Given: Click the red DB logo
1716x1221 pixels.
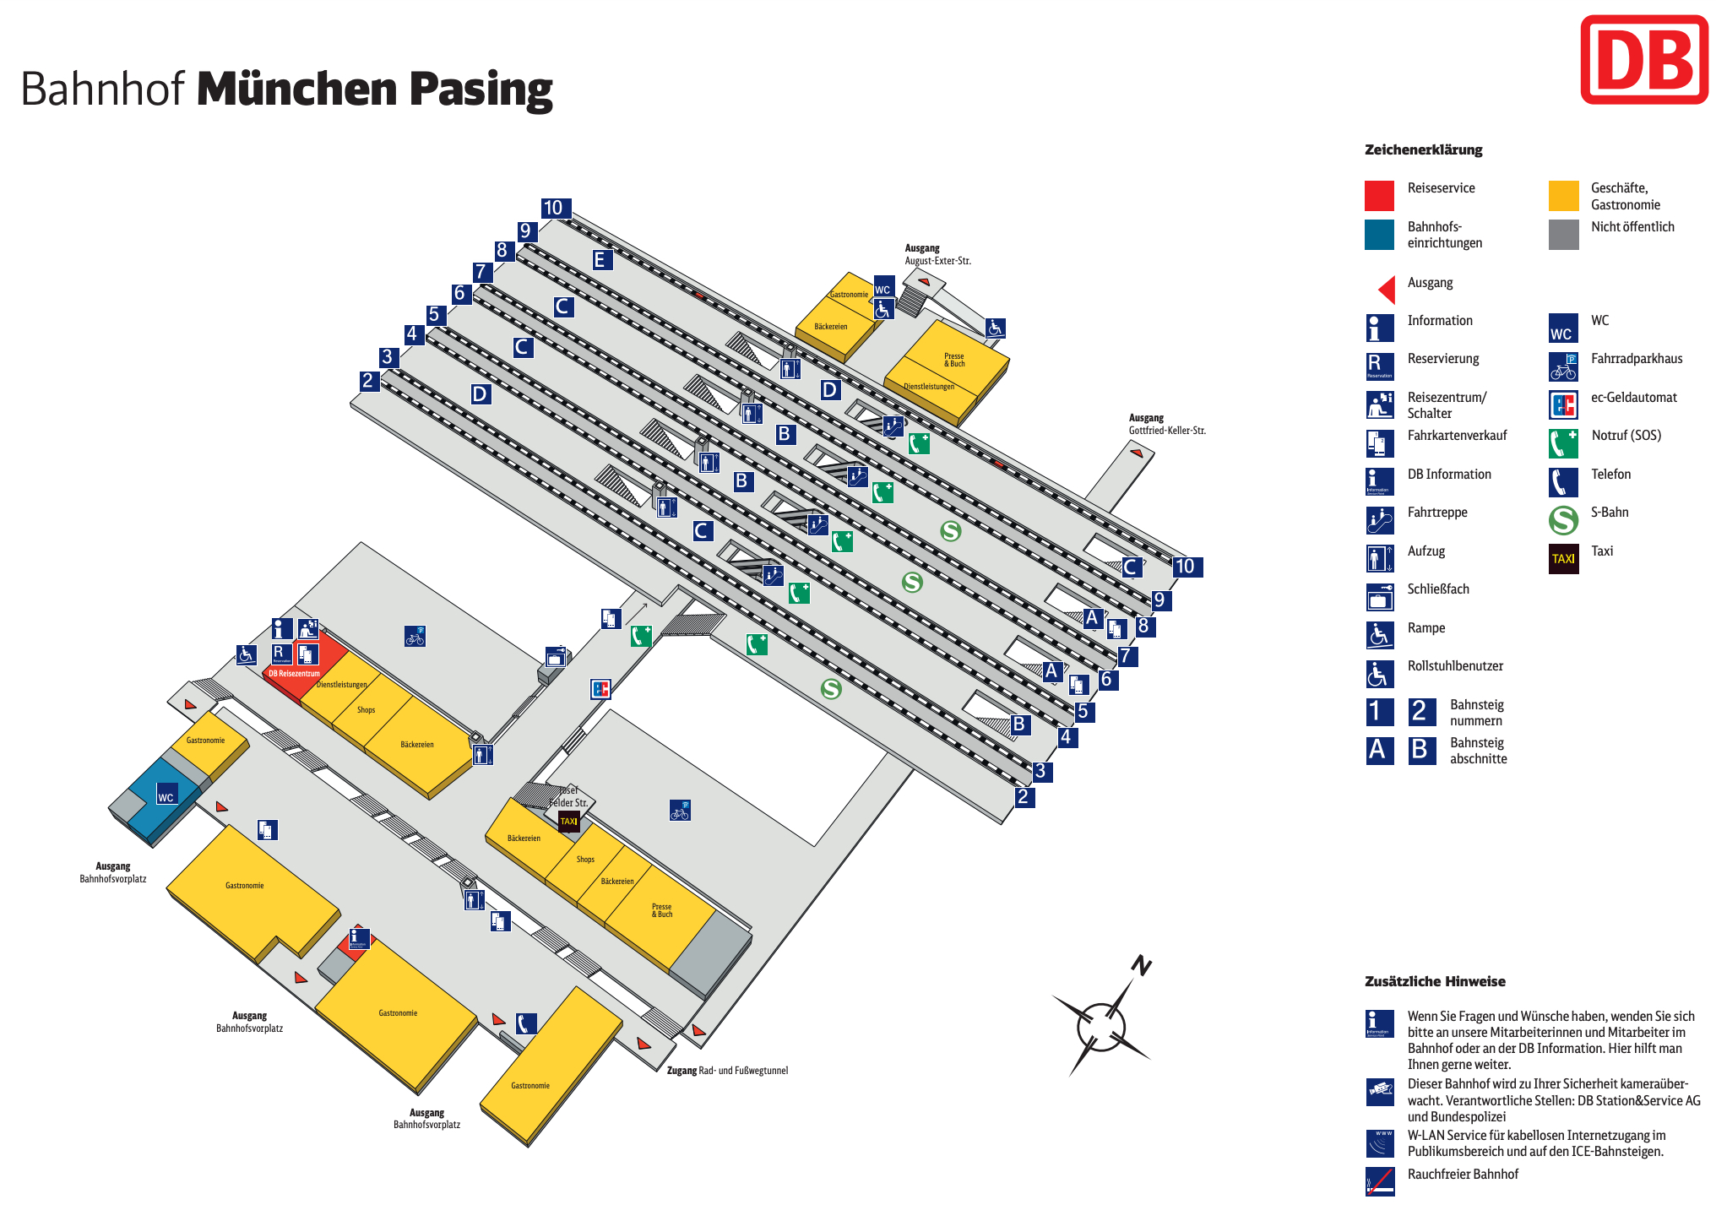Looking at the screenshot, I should click(x=1643, y=59).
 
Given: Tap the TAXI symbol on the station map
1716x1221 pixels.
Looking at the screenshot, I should click(x=569, y=821).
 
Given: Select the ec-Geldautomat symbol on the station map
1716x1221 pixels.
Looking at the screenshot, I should click(x=600, y=689).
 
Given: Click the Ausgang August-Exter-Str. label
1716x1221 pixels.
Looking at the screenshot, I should click(x=937, y=254).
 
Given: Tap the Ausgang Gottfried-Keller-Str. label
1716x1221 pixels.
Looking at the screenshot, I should click(x=1166, y=424).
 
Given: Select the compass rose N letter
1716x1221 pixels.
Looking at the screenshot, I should click(x=1142, y=965).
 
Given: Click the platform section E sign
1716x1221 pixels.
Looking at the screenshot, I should click(x=600, y=260).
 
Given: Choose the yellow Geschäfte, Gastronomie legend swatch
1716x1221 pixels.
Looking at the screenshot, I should click(x=1563, y=196).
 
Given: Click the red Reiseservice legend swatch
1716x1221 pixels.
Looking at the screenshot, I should click(x=1379, y=196).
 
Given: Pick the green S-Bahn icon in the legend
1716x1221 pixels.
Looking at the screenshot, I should click(x=1563, y=520).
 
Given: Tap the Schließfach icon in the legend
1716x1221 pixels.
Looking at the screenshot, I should click(x=1380, y=597).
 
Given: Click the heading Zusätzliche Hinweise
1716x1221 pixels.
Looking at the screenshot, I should click(x=1435, y=981).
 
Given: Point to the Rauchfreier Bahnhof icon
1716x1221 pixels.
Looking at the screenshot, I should click(x=1380, y=1181).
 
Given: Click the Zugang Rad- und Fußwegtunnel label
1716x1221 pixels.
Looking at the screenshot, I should click(x=727, y=1071).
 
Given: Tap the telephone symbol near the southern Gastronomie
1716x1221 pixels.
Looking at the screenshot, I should click(x=526, y=1023).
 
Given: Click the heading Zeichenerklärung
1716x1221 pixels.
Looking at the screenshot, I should click(x=1423, y=149).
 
